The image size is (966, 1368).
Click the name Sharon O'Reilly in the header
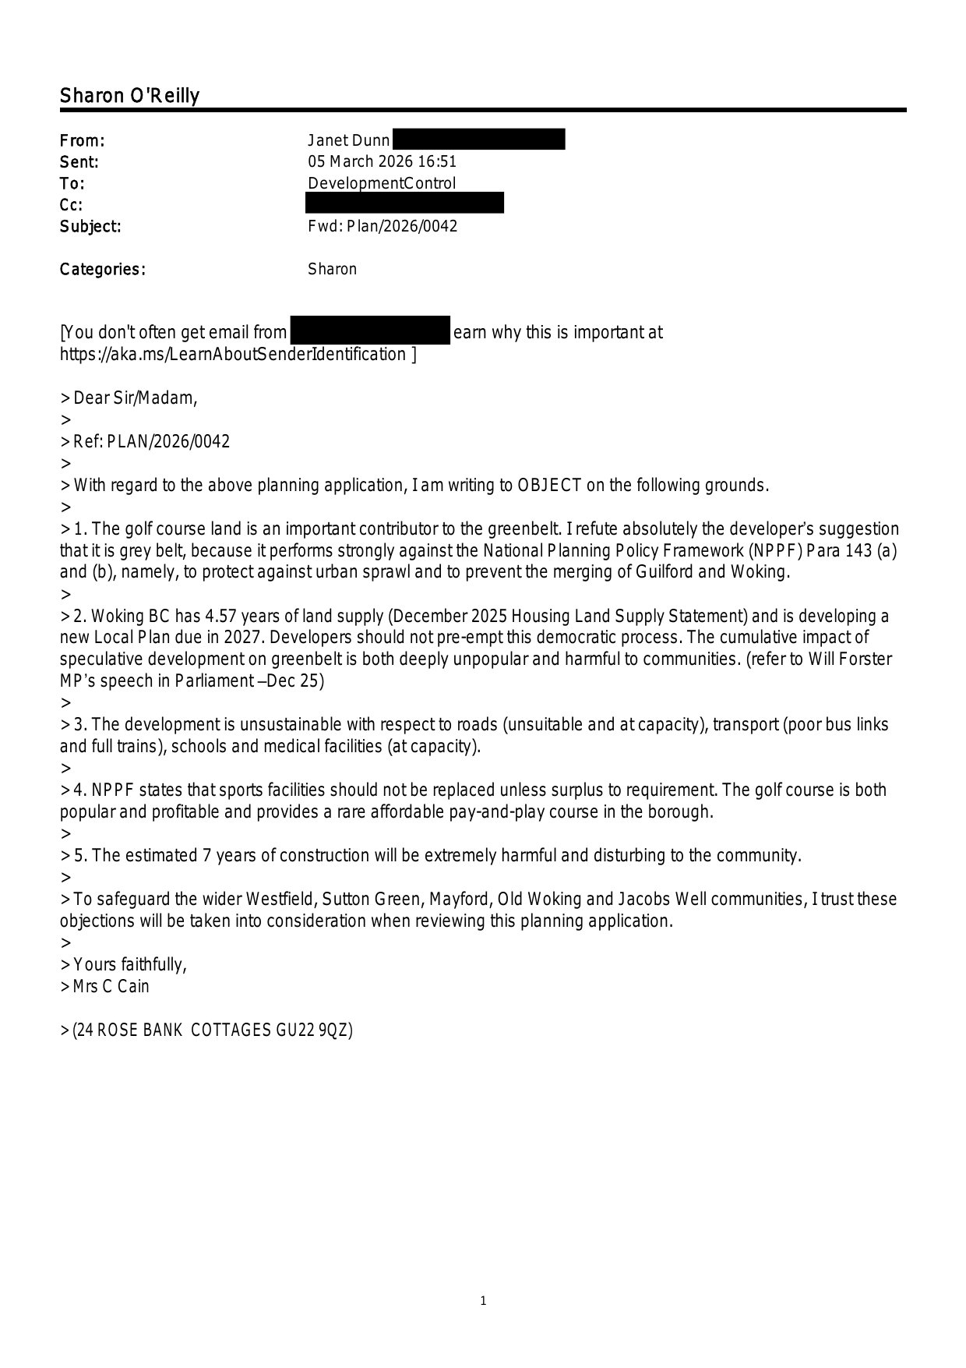129,96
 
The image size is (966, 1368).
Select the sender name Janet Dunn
348,140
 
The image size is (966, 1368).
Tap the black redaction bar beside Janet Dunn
478,140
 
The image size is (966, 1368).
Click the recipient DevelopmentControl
382,184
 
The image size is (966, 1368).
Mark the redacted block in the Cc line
404,203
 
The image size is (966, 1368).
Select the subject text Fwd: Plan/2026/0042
383,227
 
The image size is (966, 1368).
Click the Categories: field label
102,270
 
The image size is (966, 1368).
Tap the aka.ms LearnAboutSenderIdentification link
233,355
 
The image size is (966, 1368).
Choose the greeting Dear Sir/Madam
135,398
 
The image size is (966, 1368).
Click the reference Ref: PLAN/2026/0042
151,442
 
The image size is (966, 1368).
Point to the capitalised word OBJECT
549,486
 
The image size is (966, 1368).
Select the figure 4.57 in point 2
222,617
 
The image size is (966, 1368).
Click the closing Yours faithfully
129,965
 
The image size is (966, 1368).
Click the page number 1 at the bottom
483,1300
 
